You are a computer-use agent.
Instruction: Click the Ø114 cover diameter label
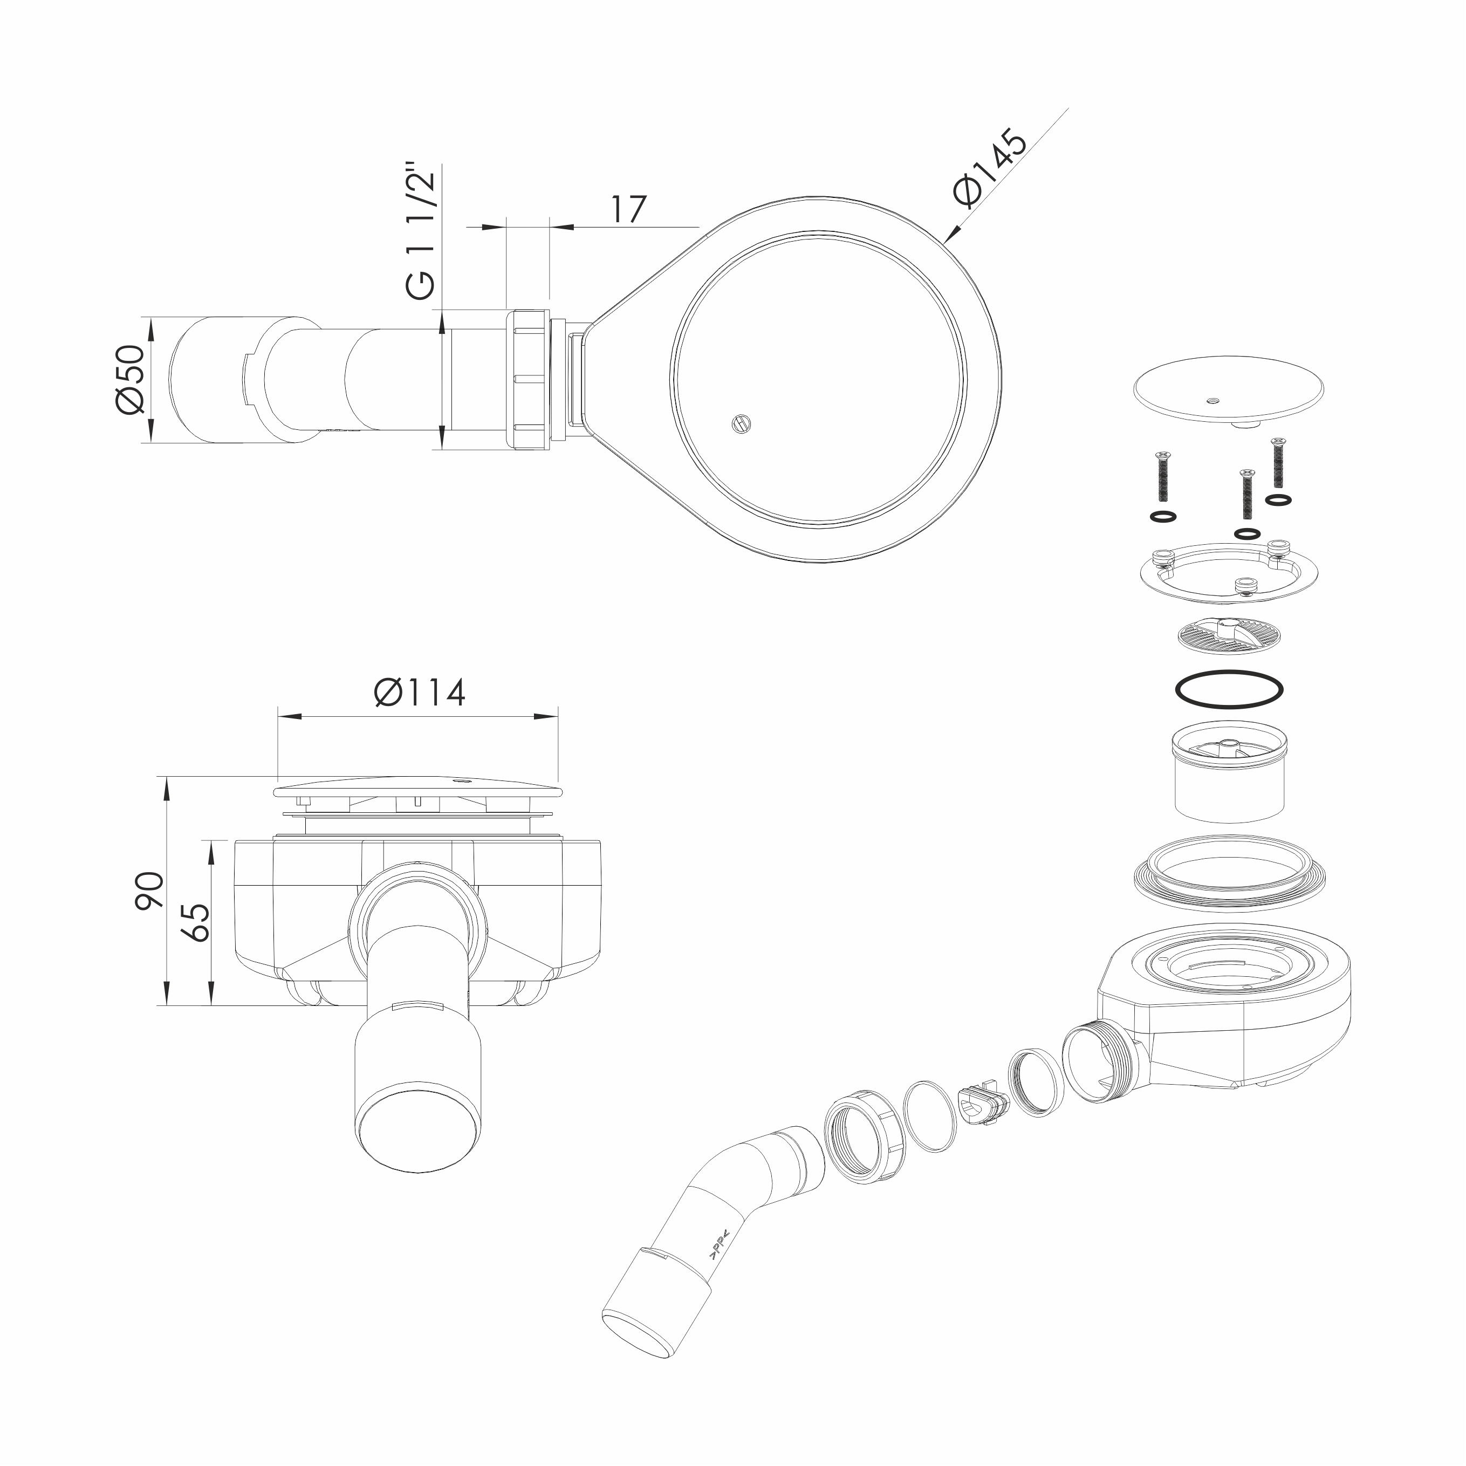(x=420, y=692)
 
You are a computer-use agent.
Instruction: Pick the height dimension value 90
(x=149, y=891)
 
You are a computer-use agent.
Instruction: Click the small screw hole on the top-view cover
(x=740, y=423)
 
